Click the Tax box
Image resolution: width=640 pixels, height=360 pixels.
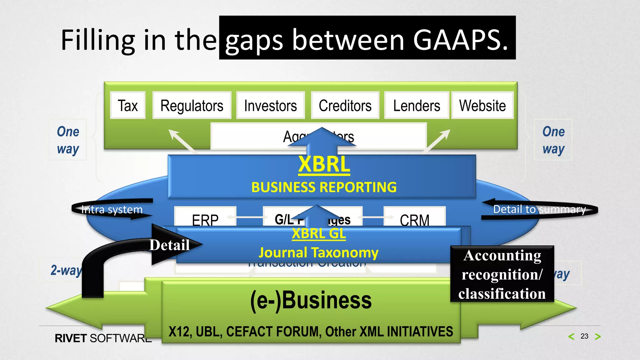(x=128, y=105)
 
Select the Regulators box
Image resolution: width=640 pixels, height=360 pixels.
(x=192, y=105)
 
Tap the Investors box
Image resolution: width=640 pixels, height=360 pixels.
(x=270, y=105)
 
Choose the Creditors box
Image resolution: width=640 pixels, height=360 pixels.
(x=345, y=105)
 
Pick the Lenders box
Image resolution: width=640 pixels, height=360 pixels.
(x=416, y=105)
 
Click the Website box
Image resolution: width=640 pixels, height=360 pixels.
(x=482, y=105)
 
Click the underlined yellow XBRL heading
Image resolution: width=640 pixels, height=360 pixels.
(x=324, y=164)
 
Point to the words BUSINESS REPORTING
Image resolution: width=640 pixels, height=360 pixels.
(x=324, y=187)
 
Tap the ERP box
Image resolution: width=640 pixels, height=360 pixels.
(x=205, y=219)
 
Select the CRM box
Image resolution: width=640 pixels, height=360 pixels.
(x=414, y=219)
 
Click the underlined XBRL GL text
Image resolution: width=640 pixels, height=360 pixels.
(x=319, y=234)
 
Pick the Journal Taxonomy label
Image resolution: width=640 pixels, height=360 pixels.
(x=319, y=252)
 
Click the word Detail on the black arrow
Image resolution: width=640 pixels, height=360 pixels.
(x=169, y=245)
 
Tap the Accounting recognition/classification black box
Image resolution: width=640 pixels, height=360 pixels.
(x=502, y=274)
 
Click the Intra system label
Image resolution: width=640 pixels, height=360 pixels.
(x=112, y=209)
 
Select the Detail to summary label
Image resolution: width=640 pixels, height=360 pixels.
(x=539, y=209)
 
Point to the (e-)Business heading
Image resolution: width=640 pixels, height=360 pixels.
(x=311, y=300)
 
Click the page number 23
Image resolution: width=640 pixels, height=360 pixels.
(x=584, y=336)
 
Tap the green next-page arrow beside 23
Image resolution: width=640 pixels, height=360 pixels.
(x=598, y=337)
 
